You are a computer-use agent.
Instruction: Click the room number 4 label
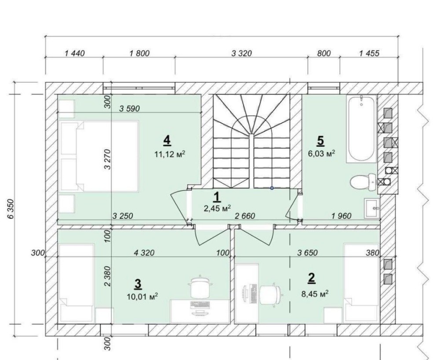[167, 140]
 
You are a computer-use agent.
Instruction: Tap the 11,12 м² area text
[170, 154]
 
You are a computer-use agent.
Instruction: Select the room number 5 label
[320, 141]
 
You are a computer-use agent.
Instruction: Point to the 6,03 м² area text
[322, 154]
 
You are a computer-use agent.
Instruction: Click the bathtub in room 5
[361, 129]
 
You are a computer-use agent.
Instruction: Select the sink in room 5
[372, 208]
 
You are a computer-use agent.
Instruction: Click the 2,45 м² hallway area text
[217, 208]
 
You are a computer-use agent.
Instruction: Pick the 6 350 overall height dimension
[11, 209]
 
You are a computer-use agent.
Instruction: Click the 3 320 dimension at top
[242, 53]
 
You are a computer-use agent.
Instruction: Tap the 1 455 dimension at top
[369, 53]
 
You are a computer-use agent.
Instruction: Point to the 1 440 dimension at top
[74, 53]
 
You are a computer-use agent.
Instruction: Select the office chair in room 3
[200, 287]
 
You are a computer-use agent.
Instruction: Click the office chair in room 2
[271, 295]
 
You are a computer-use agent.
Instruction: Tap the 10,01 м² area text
[142, 296]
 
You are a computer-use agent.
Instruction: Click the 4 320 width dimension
[144, 253]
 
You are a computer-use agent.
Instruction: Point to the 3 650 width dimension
[308, 253]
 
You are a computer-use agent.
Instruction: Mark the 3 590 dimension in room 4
[129, 109]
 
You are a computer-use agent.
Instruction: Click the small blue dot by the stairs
[271, 188]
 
